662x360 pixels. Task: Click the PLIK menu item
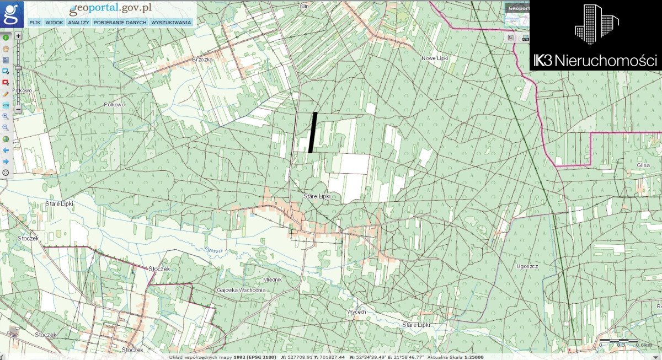tap(35, 23)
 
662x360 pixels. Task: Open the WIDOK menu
tap(55, 23)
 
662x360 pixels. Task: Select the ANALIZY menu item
tap(79, 23)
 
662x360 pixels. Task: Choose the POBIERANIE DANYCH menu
tap(120, 23)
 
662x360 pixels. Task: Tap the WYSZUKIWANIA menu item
tap(170, 23)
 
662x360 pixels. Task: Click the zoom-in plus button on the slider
tap(18, 36)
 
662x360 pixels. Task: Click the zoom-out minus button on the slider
tap(18, 109)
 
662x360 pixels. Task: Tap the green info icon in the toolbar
tap(6, 37)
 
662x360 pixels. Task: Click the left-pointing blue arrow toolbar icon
tap(6, 150)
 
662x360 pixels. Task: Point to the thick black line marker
tap(313, 132)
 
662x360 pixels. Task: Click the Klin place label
tap(303, 6)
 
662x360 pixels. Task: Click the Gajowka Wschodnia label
tap(242, 290)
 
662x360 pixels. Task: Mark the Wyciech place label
tap(356, 312)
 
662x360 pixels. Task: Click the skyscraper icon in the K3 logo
tap(596, 24)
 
